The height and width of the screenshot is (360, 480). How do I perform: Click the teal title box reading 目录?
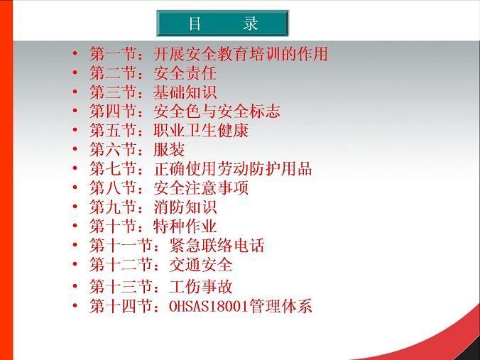point(222,23)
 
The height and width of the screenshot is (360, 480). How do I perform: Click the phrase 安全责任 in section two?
point(185,73)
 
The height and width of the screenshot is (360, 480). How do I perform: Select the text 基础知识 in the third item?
point(185,92)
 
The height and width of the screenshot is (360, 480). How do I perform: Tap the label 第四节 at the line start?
point(113,111)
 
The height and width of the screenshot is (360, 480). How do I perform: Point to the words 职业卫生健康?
point(201,131)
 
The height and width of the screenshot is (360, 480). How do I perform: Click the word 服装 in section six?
point(169,149)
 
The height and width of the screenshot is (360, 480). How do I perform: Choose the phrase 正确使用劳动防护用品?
point(233,169)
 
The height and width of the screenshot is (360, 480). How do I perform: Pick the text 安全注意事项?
point(201,187)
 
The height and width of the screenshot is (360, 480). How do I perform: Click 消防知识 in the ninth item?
point(185,207)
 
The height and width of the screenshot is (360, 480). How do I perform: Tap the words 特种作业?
point(185,226)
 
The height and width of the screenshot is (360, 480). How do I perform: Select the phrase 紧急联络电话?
point(217,245)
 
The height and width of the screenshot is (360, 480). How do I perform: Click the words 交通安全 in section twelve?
point(201,264)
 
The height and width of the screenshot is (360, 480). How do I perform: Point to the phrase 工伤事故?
point(201,287)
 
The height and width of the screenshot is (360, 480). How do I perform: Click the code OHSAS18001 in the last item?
point(208,306)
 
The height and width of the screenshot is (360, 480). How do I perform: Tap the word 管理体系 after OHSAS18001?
point(280,306)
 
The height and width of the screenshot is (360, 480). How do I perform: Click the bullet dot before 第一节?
point(75,53)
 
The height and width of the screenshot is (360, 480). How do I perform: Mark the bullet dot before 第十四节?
point(75,305)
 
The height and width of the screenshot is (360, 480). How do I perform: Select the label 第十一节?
point(121,245)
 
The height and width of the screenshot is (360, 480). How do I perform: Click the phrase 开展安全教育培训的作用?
point(241,54)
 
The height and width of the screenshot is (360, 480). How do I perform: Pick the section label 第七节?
point(113,169)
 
